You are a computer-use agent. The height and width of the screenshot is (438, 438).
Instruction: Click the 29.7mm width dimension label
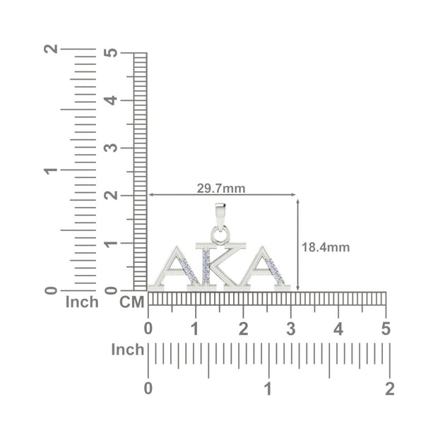click(x=221, y=189)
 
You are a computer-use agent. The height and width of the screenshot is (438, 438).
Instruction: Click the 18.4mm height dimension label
click(x=326, y=247)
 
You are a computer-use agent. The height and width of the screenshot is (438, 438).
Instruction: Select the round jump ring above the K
click(x=220, y=235)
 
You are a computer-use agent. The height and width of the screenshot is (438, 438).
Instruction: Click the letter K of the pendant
click(x=220, y=266)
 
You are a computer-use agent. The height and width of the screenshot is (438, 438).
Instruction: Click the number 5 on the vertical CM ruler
click(x=111, y=52)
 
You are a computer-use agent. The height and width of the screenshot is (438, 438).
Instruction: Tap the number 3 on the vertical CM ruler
click(x=111, y=148)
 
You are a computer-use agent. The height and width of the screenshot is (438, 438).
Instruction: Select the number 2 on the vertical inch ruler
click(x=51, y=49)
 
